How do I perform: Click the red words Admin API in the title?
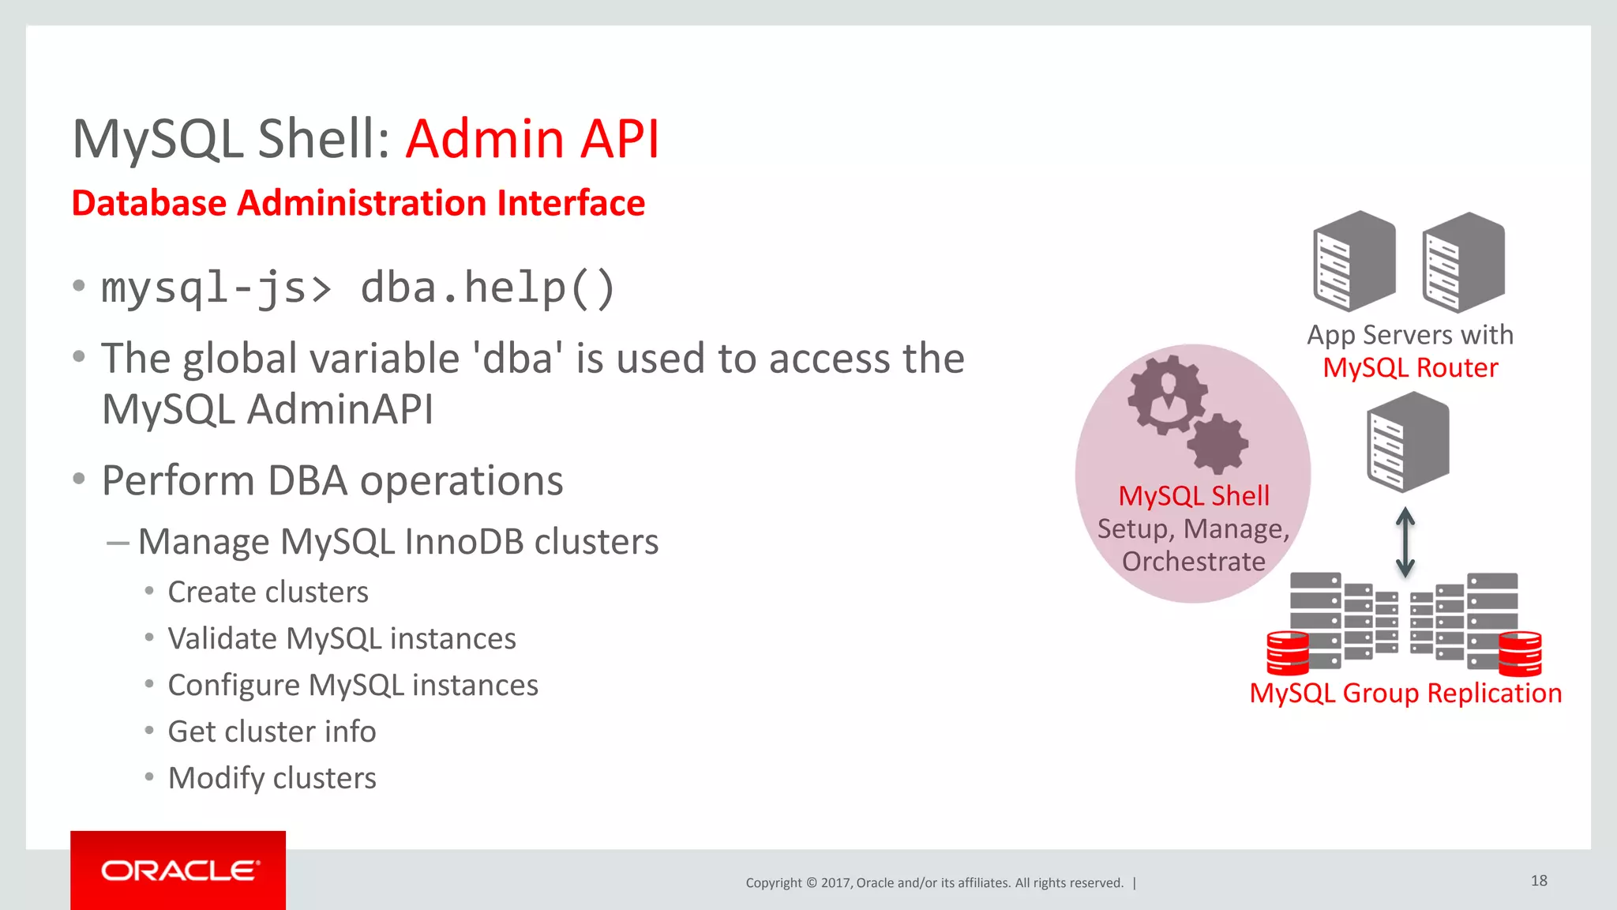532,140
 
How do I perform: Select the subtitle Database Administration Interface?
358,203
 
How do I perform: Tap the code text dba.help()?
487,288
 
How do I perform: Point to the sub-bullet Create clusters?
268,592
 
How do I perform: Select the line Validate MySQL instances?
341,638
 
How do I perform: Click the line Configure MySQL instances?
352,685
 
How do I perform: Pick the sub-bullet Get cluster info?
272,731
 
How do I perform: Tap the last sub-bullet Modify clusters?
272,778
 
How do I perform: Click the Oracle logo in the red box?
178,871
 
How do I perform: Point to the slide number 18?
1539,881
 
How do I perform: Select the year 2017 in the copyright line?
835,883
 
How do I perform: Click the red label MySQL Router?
1410,368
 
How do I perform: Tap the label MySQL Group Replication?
1405,693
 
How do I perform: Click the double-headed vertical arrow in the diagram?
1405,541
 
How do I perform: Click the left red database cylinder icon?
1287,652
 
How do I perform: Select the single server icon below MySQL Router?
1408,442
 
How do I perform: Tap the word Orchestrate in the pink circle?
1193,562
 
